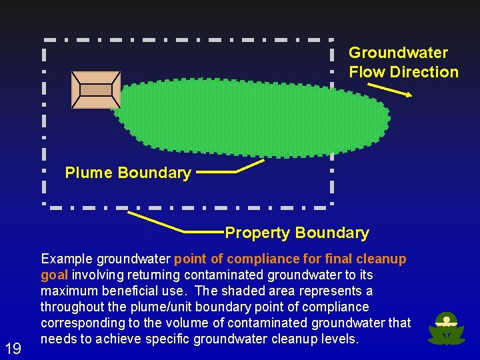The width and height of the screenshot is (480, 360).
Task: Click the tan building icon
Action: click(96, 90)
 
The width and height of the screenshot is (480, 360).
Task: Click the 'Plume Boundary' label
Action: click(128, 173)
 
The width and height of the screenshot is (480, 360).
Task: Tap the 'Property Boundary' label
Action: click(297, 233)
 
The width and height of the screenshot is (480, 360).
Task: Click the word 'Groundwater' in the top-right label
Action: click(398, 53)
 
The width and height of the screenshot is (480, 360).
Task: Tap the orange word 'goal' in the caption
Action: click(54, 275)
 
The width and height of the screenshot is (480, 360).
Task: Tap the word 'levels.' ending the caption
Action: click(340, 339)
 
